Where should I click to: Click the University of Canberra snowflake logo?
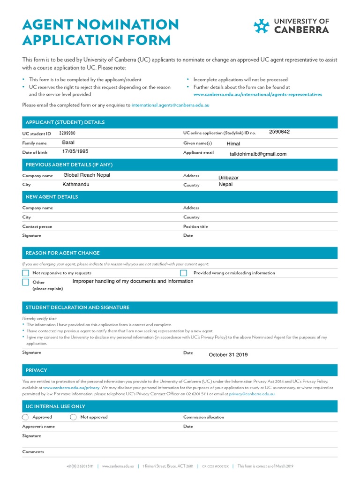261,26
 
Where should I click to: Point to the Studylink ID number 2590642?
279,132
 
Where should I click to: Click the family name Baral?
68,142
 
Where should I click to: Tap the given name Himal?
233,144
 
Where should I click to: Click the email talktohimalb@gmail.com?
258,154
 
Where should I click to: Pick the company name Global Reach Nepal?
87,175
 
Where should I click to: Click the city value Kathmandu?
75,184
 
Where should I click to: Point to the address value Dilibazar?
229,178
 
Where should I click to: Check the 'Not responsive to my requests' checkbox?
26,273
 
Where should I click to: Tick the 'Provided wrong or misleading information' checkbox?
184,273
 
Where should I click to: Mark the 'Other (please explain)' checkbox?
26,282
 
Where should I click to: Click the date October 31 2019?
228,355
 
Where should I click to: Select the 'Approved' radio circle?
25,417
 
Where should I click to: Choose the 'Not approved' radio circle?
73,417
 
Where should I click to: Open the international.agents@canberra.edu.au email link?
170,105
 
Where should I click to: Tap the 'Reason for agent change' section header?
62,253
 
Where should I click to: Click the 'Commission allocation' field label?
203,417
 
